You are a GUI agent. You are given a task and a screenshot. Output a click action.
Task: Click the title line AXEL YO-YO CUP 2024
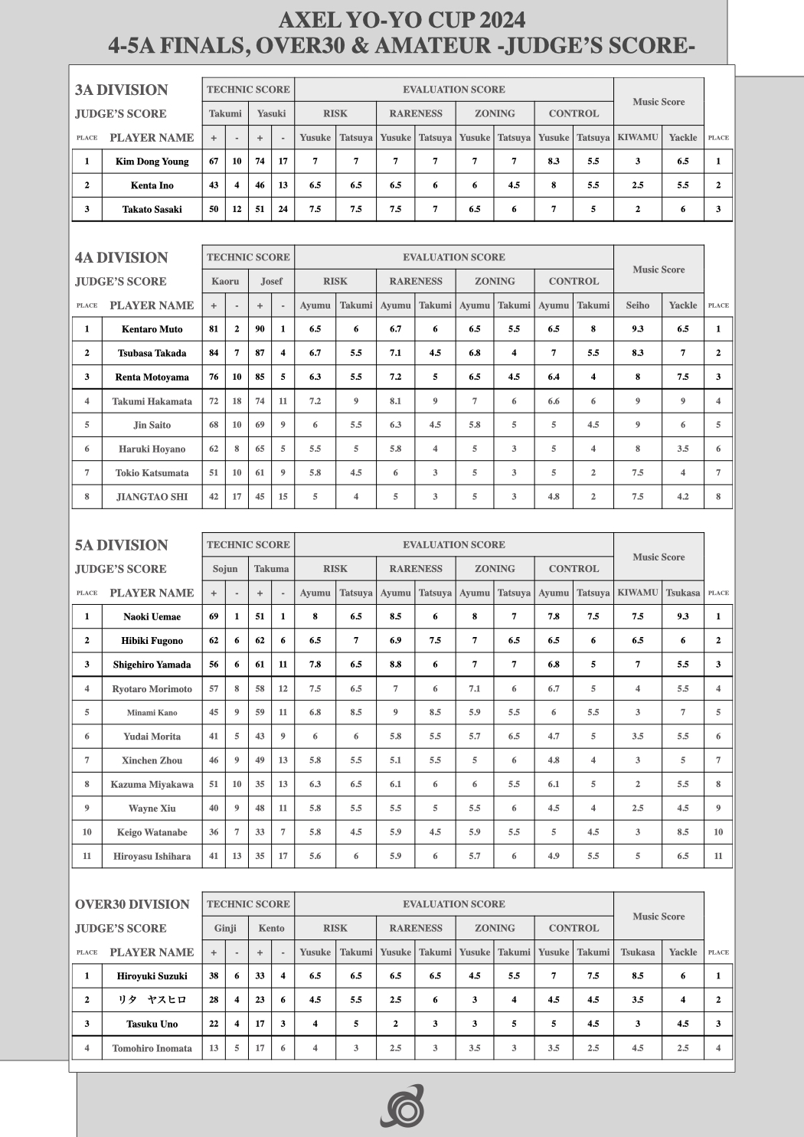pyautogui.click(x=401, y=19)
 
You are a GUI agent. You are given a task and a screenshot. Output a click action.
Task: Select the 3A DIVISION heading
pyautogui.click(x=121, y=90)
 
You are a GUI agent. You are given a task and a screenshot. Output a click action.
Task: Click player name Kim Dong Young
pyautogui.click(x=152, y=162)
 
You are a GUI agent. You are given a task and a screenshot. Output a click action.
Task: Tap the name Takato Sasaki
pyautogui.click(x=152, y=209)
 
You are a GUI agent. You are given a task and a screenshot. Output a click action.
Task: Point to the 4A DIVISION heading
pyautogui.click(x=121, y=257)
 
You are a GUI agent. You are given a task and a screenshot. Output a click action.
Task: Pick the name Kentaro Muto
pyautogui.click(x=152, y=329)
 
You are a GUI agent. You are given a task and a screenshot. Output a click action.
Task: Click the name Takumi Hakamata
pyautogui.click(x=152, y=401)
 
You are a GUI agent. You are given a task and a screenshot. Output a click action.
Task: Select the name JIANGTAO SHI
pyautogui.click(x=152, y=497)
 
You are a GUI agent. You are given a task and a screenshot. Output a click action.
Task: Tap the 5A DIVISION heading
pyautogui.click(x=121, y=545)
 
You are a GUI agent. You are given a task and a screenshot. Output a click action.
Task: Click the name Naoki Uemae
pyautogui.click(x=152, y=616)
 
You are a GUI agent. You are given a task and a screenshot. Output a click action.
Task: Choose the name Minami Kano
pyautogui.click(x=152, y=713)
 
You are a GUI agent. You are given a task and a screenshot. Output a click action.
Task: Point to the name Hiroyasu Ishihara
pyautogui.click(x=152, y=856)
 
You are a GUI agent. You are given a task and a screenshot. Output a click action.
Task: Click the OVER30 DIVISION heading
pyautogui.click(x=132, y=904)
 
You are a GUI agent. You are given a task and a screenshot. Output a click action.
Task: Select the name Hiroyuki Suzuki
pyautogui.click(x=152, y=976)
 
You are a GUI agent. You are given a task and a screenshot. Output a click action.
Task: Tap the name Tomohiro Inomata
pyautogui.click(x=152, y=1048)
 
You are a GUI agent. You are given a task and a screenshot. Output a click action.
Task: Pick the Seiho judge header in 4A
pyautogui.click(x=637, y=305)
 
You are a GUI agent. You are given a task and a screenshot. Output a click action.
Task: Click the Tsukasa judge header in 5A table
pyautogui.click(x=682, y=593)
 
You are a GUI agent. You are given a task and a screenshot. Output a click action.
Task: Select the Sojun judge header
pyautogui.click(x=225, y=569)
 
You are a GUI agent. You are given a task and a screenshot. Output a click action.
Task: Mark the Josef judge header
pyautogui.click(x=271, y=281)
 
